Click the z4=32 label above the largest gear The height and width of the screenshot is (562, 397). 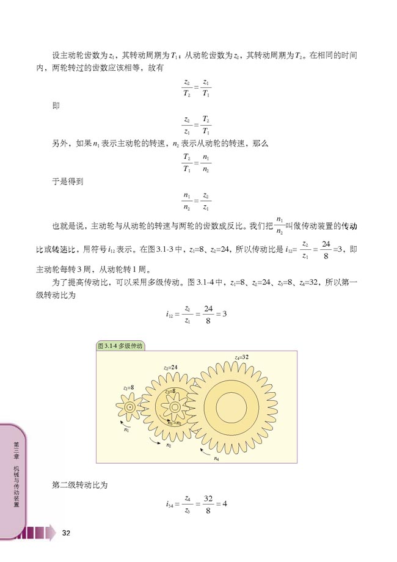tap(241, 357)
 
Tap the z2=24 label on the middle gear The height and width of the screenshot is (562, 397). tap(170, 367)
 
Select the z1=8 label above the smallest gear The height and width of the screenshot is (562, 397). tap(128, 387)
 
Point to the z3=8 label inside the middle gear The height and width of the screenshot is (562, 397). tap(170, 391)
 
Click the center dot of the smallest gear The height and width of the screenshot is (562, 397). tap(129, 406)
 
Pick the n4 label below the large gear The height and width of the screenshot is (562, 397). tap(217, 458)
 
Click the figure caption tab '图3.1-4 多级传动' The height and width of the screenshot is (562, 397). tap(120, 346)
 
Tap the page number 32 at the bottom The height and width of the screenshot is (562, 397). tap(67, 533)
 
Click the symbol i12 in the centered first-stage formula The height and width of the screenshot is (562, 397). tap(170, 314)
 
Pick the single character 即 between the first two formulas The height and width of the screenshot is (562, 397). tap(56, 106)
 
